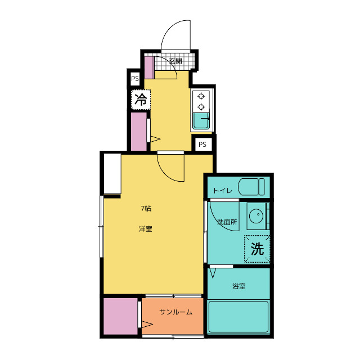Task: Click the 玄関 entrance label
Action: click(x=175, y=61)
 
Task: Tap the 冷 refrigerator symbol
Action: click(x=141, y=100)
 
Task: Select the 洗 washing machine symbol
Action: click(x=257, y=249)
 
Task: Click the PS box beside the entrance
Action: click(x=135, y=79)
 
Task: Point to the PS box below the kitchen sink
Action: click(x=202, y=145)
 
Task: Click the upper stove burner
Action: click(x=201, y=96)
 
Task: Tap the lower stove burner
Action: click(x=201, y=106)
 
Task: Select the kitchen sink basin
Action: click(x=201, y=121)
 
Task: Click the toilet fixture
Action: click(x=251, y=187)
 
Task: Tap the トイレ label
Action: click(x=223, y=191)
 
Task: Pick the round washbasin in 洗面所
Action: click(x=256, y=216)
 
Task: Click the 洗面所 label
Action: click(x=227, y=222)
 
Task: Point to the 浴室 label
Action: click(x=238, y=286)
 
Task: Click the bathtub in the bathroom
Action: click(x=238, y=317)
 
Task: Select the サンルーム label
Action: click(x=176, y=312)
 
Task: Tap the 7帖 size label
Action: click(x=146, y=209)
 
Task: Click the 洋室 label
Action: click(x=146, y=229)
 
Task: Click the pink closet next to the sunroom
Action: click(x=120, y=316)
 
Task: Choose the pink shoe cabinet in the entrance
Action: click(x=149, y=67)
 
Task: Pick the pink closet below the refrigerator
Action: click(x=139, y=132)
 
